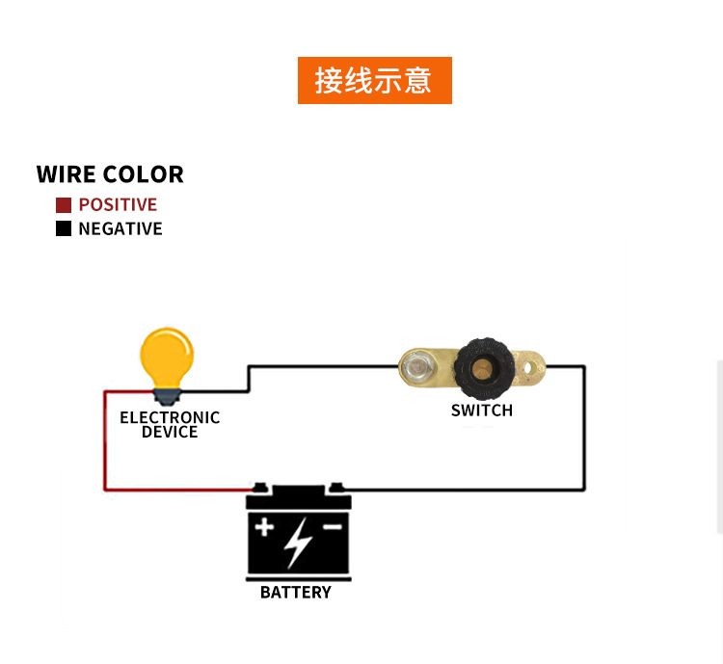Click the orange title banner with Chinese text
(374, 81)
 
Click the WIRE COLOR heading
(110, 174)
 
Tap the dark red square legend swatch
(64, 205)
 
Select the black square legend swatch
(64, 229)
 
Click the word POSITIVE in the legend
(118, 205)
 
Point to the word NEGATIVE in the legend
(120, 229)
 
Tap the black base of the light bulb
(168, 394)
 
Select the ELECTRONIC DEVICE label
(170, 425)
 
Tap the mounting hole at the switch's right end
(529, 367)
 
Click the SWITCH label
(482, 411)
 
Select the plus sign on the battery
(264, 528)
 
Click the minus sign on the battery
(332, 528)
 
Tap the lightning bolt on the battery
(298, 542)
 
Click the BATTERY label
(296, 593)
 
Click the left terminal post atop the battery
(260, 489)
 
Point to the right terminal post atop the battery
(334, 489)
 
